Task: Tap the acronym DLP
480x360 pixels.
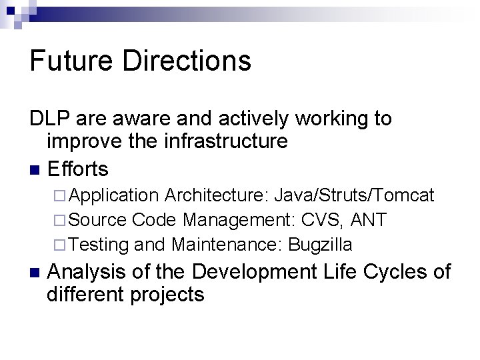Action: [51, 119]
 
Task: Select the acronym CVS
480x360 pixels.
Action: [324, 220]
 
